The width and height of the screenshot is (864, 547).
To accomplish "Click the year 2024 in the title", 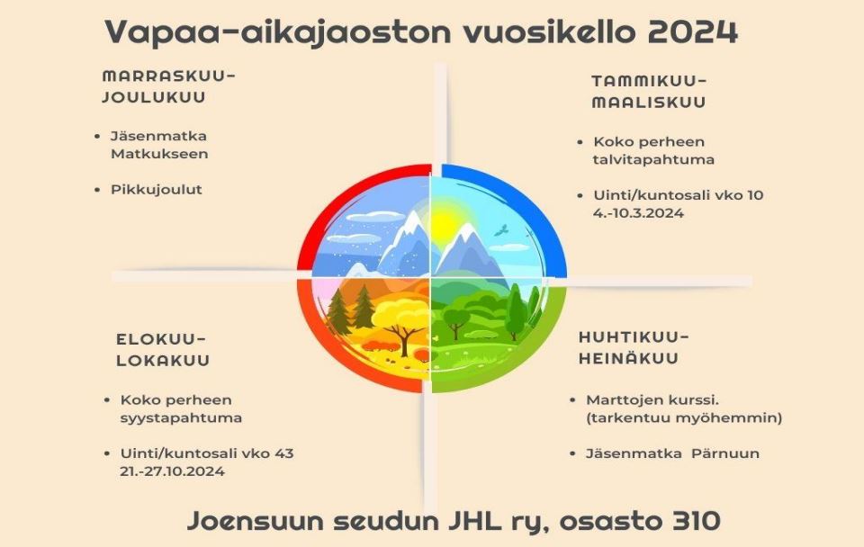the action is point(692,32).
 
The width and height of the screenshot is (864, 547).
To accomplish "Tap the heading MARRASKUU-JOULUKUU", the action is point(168,86).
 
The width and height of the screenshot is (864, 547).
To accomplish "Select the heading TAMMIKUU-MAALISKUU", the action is point(649,92).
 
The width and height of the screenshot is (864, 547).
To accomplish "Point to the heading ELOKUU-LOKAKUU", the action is point(163,350).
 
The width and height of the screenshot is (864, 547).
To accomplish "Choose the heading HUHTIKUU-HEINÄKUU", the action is point(634,347).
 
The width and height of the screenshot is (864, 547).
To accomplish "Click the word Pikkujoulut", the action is point(157,190).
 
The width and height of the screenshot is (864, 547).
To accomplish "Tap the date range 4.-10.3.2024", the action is point(638,213).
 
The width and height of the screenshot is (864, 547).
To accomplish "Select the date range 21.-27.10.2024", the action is point(172,471).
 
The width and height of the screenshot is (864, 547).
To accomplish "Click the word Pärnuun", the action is point(725,453).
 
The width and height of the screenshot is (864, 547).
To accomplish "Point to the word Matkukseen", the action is point(159,154).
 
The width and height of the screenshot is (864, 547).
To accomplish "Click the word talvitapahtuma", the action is point(653,160).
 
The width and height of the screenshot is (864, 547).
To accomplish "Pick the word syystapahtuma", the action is point(181,418).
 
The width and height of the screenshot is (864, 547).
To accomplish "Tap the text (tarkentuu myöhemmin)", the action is point(684,418).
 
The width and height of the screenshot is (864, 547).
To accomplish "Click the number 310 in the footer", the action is point(697,521).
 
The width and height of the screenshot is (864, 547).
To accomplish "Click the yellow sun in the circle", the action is point(443,224).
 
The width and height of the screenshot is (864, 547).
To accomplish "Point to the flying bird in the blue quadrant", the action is point(500,229).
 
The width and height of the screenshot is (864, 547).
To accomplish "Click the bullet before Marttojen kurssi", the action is point(573,400).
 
